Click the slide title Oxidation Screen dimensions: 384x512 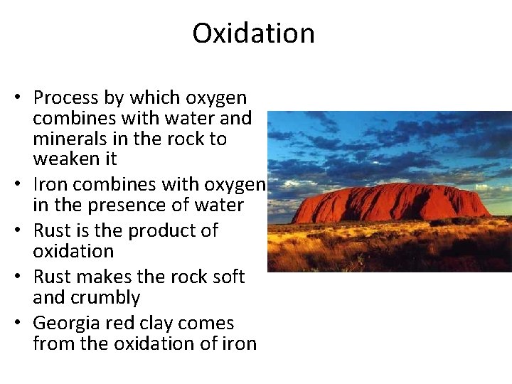(x=253, y=33)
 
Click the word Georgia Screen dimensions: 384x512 (x=66, y=323)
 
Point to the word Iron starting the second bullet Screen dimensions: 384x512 (x=50, y=184)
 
